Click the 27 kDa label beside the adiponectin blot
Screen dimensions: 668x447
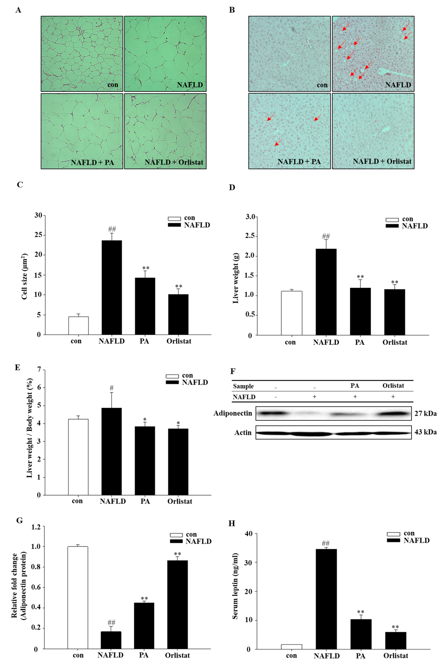(425, 413)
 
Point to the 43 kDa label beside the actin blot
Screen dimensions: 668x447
(425, 432)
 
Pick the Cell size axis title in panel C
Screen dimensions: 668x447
(24, 276)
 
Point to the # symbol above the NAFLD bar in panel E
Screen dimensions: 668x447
(111, 388)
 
